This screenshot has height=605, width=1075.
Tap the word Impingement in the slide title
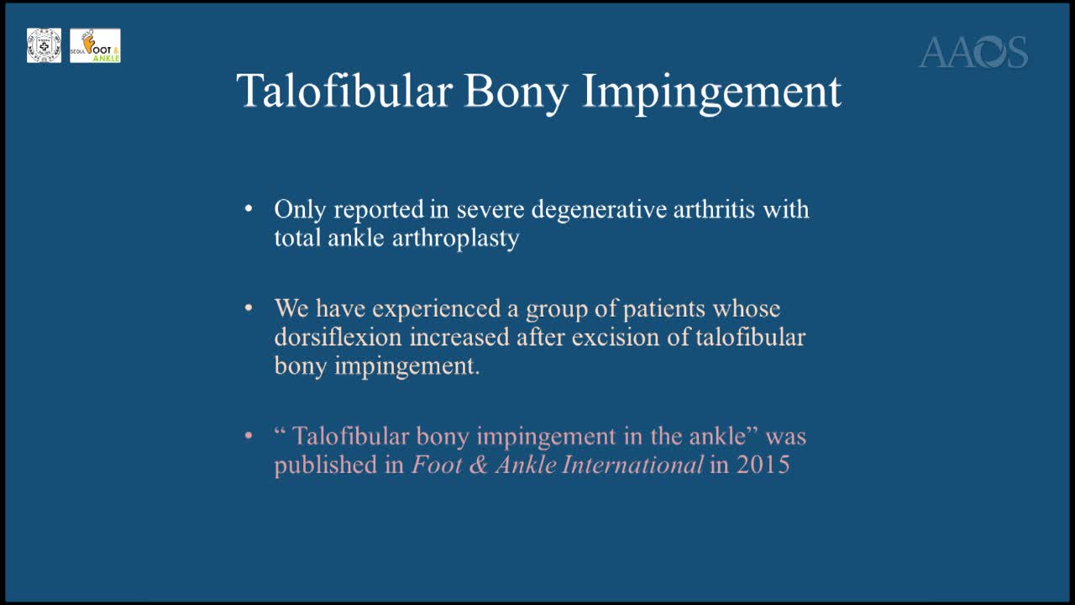(x=711, y=91)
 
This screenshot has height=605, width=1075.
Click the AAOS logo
(x=973, y=52)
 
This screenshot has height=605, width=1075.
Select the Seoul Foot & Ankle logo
(x=95, y=45)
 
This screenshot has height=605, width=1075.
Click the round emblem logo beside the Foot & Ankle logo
(x=44, y=45)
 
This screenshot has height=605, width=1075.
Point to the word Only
(x=299, y=209)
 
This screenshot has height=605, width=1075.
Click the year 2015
(x=763, y=465)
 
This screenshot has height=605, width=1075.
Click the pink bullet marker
(x=249, y=436)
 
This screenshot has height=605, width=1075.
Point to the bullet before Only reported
(x=249, y=208)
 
